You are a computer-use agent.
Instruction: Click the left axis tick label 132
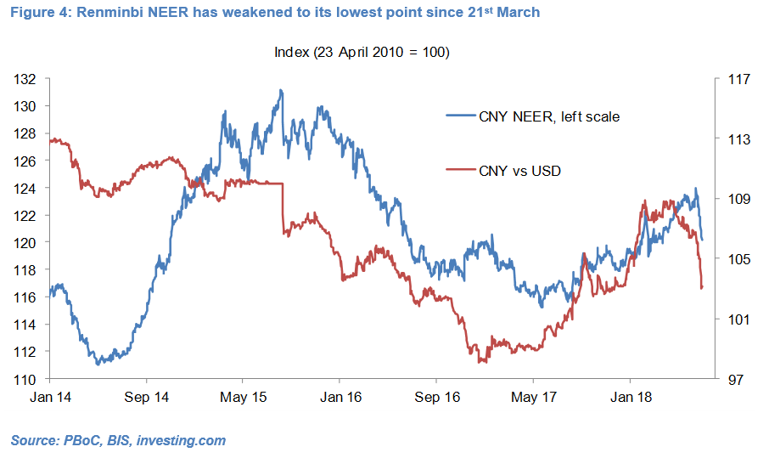[x=25, y=79]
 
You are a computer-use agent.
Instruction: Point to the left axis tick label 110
[x=25, y=379]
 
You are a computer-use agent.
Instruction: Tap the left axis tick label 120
[x=25, y=243]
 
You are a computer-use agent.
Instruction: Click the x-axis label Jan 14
[x=52, y=397]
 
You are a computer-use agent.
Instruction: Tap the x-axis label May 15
[x=244, y=397]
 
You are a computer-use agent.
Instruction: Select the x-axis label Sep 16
[x=438, y=397]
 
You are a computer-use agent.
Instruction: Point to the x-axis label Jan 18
[x=631, y=397]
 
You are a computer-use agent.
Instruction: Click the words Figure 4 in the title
[x=36, y=13]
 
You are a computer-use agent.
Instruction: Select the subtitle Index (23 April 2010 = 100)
[x=362, y=52]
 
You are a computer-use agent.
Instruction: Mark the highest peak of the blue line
[x=280, y=90]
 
